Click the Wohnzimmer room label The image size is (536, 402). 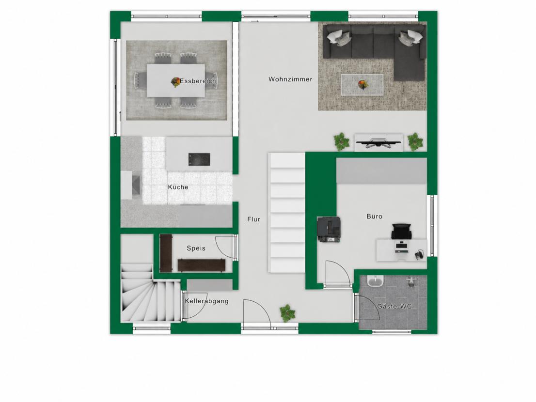pos(290,79)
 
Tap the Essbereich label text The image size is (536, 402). pos(198,81)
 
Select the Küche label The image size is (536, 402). pos(178,187)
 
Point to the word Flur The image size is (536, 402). pos(253,219)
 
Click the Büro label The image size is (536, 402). pos(374,216)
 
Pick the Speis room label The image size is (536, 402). pos(196,248)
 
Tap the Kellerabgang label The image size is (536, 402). pos(207,301)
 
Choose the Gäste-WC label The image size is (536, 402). pos(394,307)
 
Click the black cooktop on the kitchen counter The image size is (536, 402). pos(199,159)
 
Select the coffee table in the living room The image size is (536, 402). pos(362,85)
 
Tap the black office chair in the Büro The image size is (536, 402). pos(402,232)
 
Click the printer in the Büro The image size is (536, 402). pos(329,230)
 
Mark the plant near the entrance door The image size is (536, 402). pos(287,313)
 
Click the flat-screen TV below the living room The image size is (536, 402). pos(379,142)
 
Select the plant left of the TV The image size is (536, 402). pos(342,141)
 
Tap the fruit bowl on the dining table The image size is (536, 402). pos(176,82)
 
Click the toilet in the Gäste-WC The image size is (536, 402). pos(411,282)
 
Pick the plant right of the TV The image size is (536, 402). pos(415,141)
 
